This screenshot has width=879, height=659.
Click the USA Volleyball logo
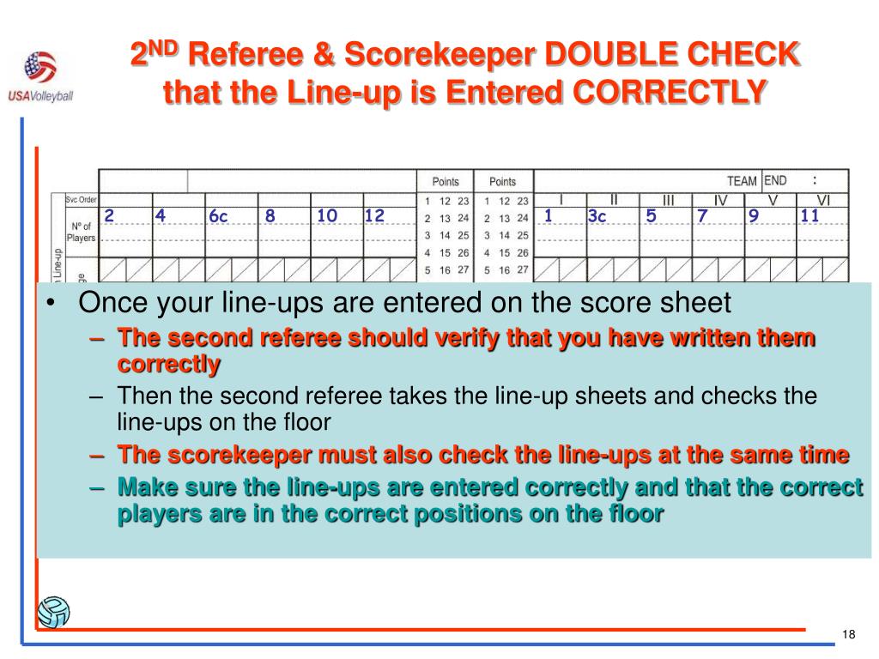[x=40, y=76]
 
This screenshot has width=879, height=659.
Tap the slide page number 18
[x=848, y=634]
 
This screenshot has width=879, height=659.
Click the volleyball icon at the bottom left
[x=53, y=612]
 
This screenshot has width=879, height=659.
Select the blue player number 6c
[x=218, y=215]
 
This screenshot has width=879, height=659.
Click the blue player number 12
[x=374, y=215]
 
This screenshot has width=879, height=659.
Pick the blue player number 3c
[x=597, y=215]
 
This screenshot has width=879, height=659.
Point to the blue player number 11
[x=809, y=215]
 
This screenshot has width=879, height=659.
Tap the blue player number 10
[x=327, y=215]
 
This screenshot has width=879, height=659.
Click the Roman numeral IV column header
[x=720, y=200]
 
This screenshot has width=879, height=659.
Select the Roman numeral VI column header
[x=823, y=200]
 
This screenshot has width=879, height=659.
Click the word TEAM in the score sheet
[x=742, y=181]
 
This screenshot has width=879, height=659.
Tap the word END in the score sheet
[x=775, y=180]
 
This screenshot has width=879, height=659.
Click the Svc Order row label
[x=81, y=199]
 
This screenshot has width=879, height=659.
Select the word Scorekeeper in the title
[x=439, y=55]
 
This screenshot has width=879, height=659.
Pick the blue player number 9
[x=754, y=215]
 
